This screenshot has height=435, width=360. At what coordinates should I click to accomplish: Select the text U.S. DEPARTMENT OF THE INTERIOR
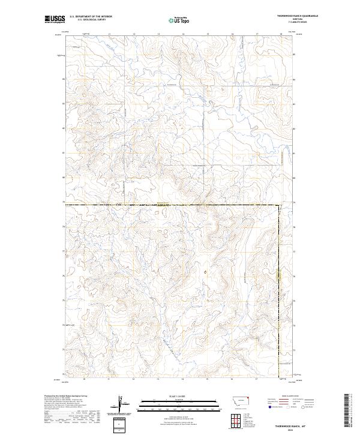click(91, 17)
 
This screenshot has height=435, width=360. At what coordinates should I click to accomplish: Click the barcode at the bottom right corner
click(346, 411)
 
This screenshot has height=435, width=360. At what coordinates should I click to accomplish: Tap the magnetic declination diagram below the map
click(122, 404)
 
